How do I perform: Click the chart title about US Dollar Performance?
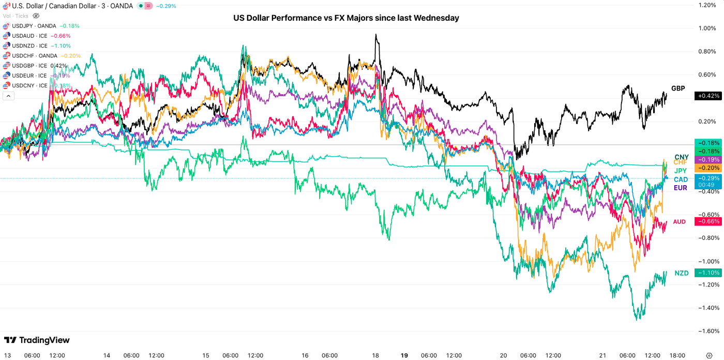(x=346, y=18)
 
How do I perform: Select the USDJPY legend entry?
(x=34, y=26)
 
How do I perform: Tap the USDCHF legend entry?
(x=34, y=56)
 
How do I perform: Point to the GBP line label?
(x=678, y=88)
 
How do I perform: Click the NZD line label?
(x=681, y=273)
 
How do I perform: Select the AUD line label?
(x=679, y=222)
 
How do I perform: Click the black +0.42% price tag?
(x=708, y=96)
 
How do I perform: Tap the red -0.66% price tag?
(x=708, y=221)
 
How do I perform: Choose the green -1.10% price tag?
(x=708, y=273)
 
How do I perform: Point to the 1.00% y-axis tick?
(x=707, y=28)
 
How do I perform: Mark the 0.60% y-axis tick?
(x=707, y=75)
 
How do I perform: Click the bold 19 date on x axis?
(x=404, y=355)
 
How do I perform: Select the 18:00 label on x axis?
(x=677, y=355)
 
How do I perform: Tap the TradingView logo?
(x=37, y=340)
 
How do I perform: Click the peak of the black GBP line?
(x=376, y=35)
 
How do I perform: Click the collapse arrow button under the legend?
(x=8, y=96)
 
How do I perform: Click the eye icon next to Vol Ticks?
(x=36, y=16)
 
